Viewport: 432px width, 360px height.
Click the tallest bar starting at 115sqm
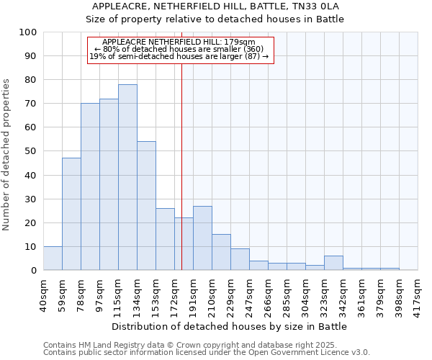(x=127, y=177)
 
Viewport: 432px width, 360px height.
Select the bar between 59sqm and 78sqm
(x=71, y=214)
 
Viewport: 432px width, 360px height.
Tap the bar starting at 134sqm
(x=146, y=206)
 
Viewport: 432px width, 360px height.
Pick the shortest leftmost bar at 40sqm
(x=53, y=258)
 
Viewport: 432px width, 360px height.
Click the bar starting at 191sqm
(x=202, y=238)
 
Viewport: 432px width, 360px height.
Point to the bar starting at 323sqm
(x=333, y=263)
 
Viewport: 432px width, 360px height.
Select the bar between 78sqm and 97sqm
(x=90, y=186)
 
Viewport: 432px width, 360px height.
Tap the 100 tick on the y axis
(x=27, y=32)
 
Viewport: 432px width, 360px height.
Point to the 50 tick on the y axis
(x=27, y=151)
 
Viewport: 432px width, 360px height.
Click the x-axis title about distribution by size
(x=230, y=326)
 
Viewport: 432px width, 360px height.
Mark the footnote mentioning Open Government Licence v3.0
(x=207, y=353)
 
